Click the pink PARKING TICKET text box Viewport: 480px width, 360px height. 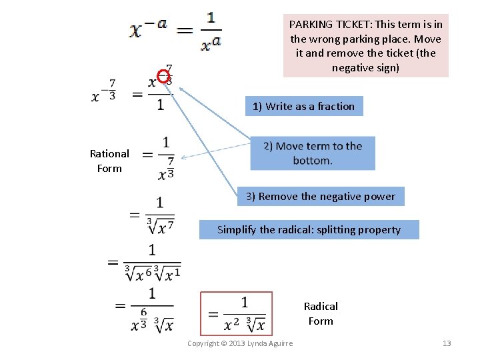(x=366, y=46)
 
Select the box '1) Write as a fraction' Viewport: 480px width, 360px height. (x=303, y=106)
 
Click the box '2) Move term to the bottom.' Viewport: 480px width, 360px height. (x=313, y=153)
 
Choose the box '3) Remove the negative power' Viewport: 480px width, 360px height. (x=320, y=196)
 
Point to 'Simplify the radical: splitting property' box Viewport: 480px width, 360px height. (x=309, y=229)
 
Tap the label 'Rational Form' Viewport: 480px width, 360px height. (x=109, y=161)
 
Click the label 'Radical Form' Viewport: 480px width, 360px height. (x=321, y=313)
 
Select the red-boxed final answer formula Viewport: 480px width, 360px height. (x=237, y=313)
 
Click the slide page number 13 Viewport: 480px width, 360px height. (x=447, y=343)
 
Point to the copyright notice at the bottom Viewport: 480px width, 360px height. (x=239, y=343)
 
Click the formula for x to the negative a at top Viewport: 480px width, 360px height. (x=176, y=31)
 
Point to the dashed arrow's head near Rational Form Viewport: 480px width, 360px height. (x=183, y=158)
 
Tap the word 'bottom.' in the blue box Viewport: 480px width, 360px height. (x=312, y=161)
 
